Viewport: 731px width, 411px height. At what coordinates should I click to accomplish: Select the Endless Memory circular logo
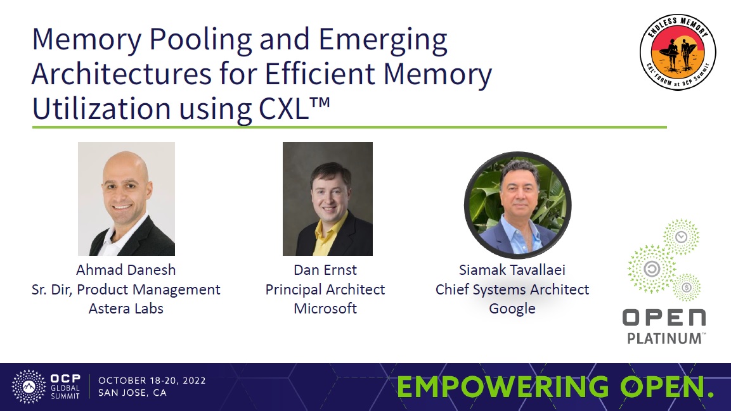click(678, 52)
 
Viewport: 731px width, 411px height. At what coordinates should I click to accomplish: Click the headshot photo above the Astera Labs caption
click(126, 198)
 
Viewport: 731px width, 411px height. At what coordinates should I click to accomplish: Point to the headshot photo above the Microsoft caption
click(327, 198)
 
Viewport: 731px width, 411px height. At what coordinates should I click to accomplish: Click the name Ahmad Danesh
click(126, 270)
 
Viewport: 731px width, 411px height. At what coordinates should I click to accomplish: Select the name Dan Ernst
click(325, 270)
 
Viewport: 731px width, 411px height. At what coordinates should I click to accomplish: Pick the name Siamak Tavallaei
click(512, 270)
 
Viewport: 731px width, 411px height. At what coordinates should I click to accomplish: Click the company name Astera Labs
click(126, 309)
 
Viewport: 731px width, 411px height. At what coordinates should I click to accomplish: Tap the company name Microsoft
click(325, 309)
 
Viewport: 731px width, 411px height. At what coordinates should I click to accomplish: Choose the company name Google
click(512, 309)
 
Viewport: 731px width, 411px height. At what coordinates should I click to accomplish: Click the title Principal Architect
click(325, 289)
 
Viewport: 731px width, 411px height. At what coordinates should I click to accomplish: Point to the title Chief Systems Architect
click(512, 289)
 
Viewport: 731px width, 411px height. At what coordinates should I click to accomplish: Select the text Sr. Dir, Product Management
click(126, 289)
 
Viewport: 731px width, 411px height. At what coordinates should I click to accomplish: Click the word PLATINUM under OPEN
click(664, 338)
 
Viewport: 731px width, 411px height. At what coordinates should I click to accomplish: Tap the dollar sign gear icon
click(687, 288)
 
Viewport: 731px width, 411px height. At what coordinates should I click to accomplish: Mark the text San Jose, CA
click(133, 393)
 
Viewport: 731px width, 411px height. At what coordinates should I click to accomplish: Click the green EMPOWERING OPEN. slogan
click(555, 388)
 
